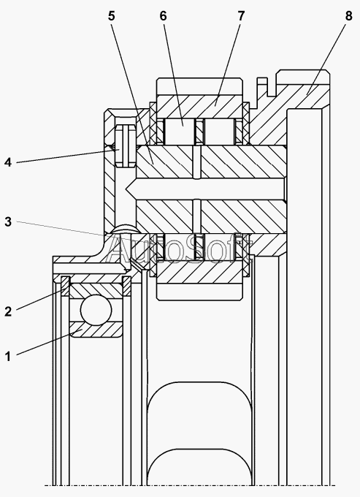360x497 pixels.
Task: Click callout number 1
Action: (8, 357)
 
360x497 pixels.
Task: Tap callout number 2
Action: (8, 311)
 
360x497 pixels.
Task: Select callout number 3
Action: (8, 222)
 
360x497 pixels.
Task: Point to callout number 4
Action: (8, 162)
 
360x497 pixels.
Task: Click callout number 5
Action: (111, 16)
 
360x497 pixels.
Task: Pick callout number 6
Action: (163, 16)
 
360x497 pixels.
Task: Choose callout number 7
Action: (241, 16)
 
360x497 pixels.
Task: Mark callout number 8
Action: (348, 16)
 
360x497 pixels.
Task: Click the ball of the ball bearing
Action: (96, 310)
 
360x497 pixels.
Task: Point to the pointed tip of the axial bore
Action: (126, 189)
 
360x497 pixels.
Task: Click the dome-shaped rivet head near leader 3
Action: (126, 229)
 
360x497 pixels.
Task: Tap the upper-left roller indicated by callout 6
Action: (180, 132)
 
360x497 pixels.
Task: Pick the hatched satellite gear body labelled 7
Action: (200, 105)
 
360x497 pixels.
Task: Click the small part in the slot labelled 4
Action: (126, 145)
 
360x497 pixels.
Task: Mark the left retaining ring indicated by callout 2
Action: (65, 287)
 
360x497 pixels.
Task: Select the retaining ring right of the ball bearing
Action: (127, 287)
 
